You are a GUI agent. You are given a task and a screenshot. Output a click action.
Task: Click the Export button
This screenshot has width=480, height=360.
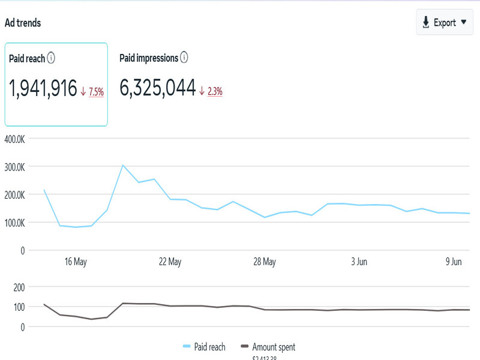pos(445,22)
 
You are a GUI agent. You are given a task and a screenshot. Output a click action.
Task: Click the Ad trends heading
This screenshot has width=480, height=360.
pos(23,23)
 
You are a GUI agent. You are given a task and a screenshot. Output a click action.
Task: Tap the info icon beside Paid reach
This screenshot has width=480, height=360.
pos(52,58)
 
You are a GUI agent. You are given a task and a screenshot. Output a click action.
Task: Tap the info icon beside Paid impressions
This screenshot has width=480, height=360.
pos(184,58)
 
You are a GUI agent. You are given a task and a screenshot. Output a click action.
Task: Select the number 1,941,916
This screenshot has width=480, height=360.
pos(43,89)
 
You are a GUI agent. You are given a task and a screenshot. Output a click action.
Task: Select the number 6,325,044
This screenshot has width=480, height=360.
pos(158,89)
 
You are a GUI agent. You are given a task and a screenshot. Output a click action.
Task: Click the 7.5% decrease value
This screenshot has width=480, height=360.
pos(96,92)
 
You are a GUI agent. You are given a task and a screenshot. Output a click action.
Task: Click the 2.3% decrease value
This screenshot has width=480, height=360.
pos(215,91)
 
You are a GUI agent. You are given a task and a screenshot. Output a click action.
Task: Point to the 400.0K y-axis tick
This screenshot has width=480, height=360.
pos(14,139)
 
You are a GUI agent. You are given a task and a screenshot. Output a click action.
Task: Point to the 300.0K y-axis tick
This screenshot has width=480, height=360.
pos(14,167)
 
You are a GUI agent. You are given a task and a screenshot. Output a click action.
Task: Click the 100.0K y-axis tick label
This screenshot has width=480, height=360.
pos(14,223)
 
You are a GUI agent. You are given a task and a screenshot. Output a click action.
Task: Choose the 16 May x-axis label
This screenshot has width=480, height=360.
pos(76,262)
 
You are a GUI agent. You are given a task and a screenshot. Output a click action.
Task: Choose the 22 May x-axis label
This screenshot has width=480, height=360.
pos(170,262)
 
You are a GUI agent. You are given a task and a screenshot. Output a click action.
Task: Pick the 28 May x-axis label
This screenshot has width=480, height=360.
pos(265,262)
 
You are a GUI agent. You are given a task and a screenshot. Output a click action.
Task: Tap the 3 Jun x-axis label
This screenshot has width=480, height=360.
pos(359,262)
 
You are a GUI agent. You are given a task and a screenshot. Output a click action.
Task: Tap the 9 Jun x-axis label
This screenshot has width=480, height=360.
pos(453,262)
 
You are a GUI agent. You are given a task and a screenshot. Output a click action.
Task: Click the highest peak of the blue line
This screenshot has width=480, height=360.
pos(122,165)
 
